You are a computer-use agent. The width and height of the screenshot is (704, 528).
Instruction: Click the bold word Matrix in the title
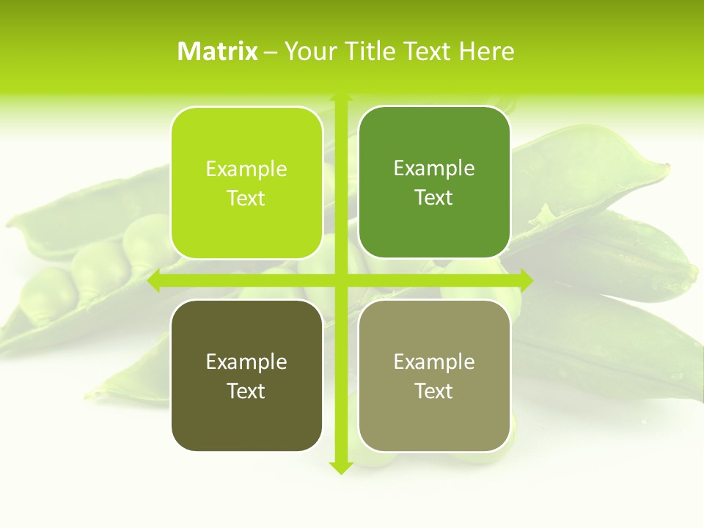[218, 51]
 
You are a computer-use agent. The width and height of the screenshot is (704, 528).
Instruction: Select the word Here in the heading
[487, 51]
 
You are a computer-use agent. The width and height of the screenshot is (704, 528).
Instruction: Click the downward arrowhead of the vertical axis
[340, 467]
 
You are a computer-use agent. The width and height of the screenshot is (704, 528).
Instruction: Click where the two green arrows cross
[340, 280]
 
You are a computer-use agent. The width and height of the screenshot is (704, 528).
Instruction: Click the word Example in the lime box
[246, 169]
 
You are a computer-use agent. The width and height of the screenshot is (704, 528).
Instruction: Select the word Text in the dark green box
[434, 198]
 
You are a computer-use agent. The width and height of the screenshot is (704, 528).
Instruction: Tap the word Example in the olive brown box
[246, 362]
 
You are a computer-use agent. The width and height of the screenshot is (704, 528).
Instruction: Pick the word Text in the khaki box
[434, 391]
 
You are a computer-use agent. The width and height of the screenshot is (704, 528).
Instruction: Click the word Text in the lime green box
[246, 198]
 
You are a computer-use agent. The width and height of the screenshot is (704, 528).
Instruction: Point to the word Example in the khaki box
[434, 362]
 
